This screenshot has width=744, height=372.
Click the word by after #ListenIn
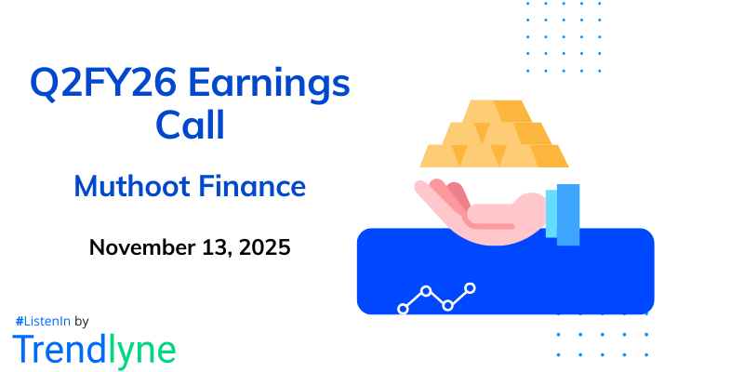pos(81,321)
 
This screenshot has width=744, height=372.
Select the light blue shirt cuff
pos(551,214)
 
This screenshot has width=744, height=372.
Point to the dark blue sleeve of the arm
pos(568,214)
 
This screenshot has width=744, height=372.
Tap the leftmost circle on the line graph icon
pos(403,307)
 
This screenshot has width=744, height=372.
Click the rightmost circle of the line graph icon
pos(471,288)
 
